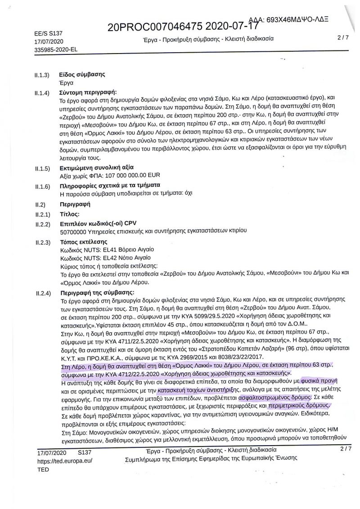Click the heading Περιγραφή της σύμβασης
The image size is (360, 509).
[98, 293]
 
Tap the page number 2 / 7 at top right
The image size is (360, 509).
[344, 39]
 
